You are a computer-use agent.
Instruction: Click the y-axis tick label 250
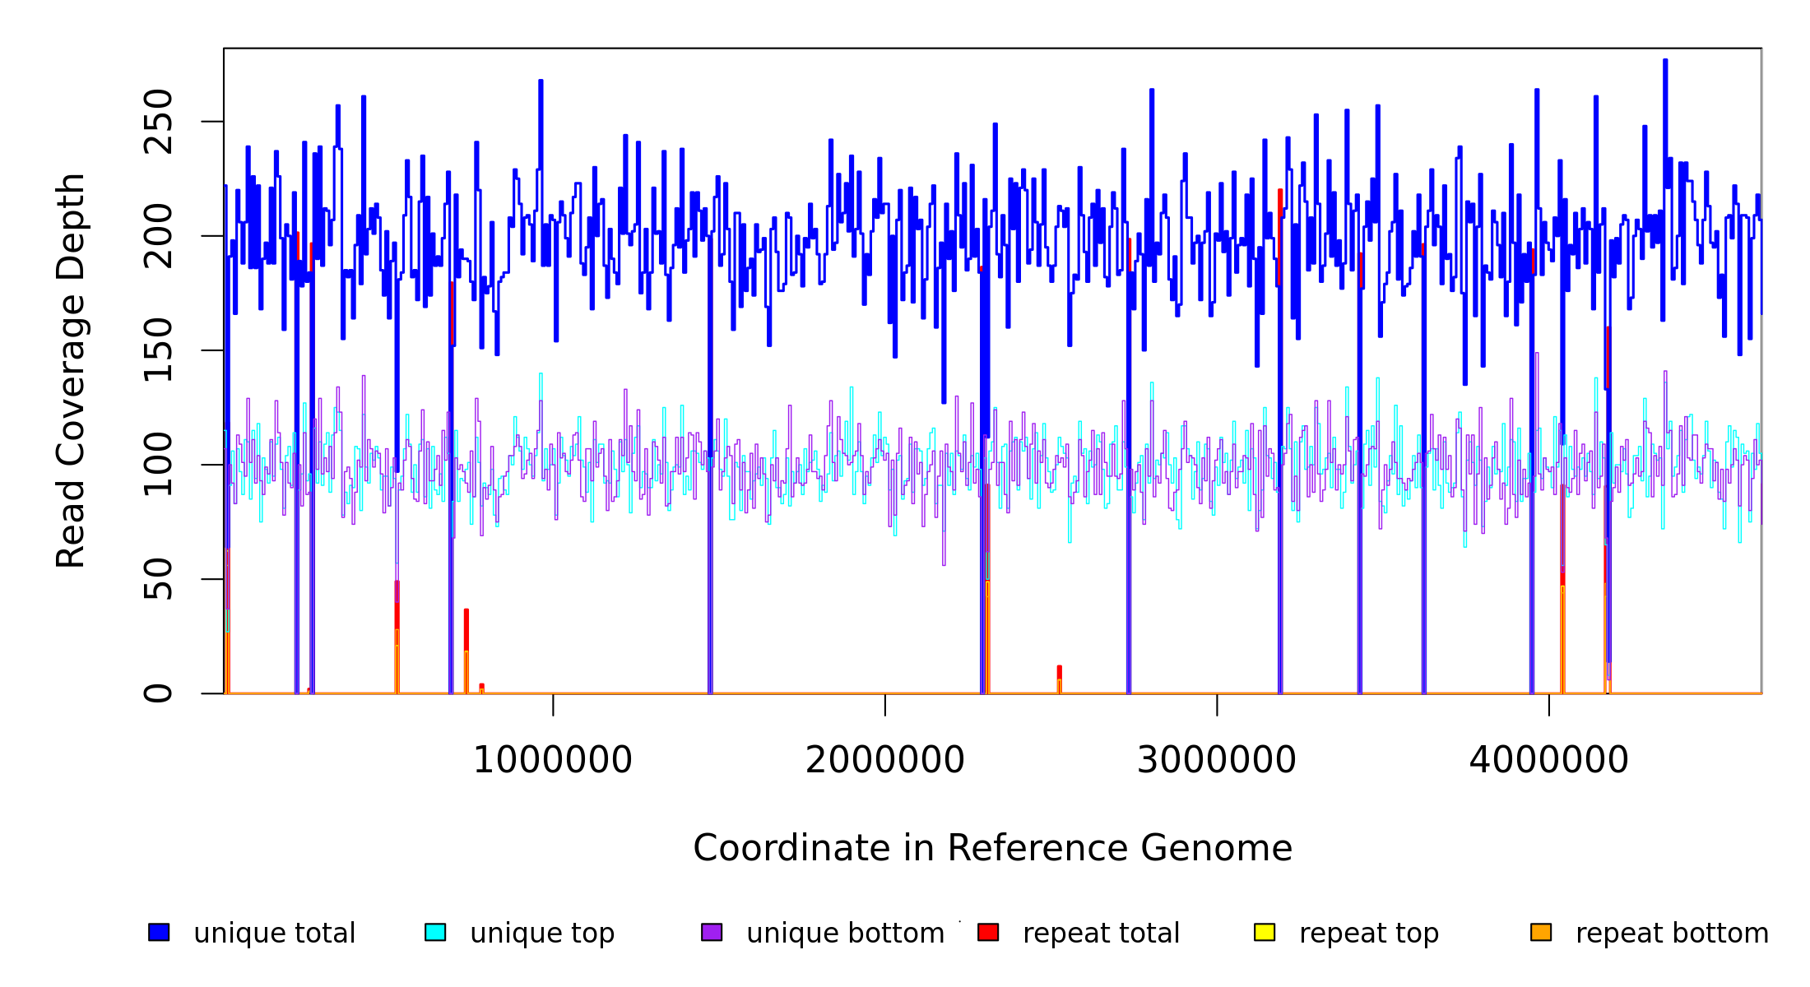click(x=158, y=122)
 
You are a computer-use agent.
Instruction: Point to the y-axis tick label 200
click(x=158, y=236)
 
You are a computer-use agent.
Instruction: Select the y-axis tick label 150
click(x=158, y=350)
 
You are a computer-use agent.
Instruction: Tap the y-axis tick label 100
click(x=158, y=465)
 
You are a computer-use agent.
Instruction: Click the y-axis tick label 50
click(x=158, y=579)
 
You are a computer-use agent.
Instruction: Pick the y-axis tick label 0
click(x=158, y=693)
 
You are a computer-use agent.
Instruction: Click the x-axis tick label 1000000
click(x=553, y=760)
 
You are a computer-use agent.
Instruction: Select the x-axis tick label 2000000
click(x=885, y=760)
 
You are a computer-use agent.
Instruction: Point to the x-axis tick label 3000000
click(x=1217, y=760)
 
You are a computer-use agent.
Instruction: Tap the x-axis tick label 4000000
click(x=1549, y=760)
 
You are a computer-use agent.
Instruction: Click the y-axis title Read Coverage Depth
click(x=71, y=370)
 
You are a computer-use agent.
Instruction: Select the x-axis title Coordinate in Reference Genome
click(x=992, y=849)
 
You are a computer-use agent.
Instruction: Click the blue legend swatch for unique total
click(x=159, y=932)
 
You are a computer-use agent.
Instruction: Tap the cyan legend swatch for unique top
click(x=435, y=932)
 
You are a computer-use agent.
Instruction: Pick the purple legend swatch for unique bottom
click(x=712, y=932)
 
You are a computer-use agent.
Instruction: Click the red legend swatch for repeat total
click(x=988, y=932)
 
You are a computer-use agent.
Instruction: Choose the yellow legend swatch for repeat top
click(x=1265, y=932)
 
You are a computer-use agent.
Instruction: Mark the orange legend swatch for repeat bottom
click(x=1541, y=932)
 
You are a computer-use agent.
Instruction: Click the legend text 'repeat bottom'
click(x=1672, y=934)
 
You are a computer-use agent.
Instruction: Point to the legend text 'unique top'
click(x=542, y=934)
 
